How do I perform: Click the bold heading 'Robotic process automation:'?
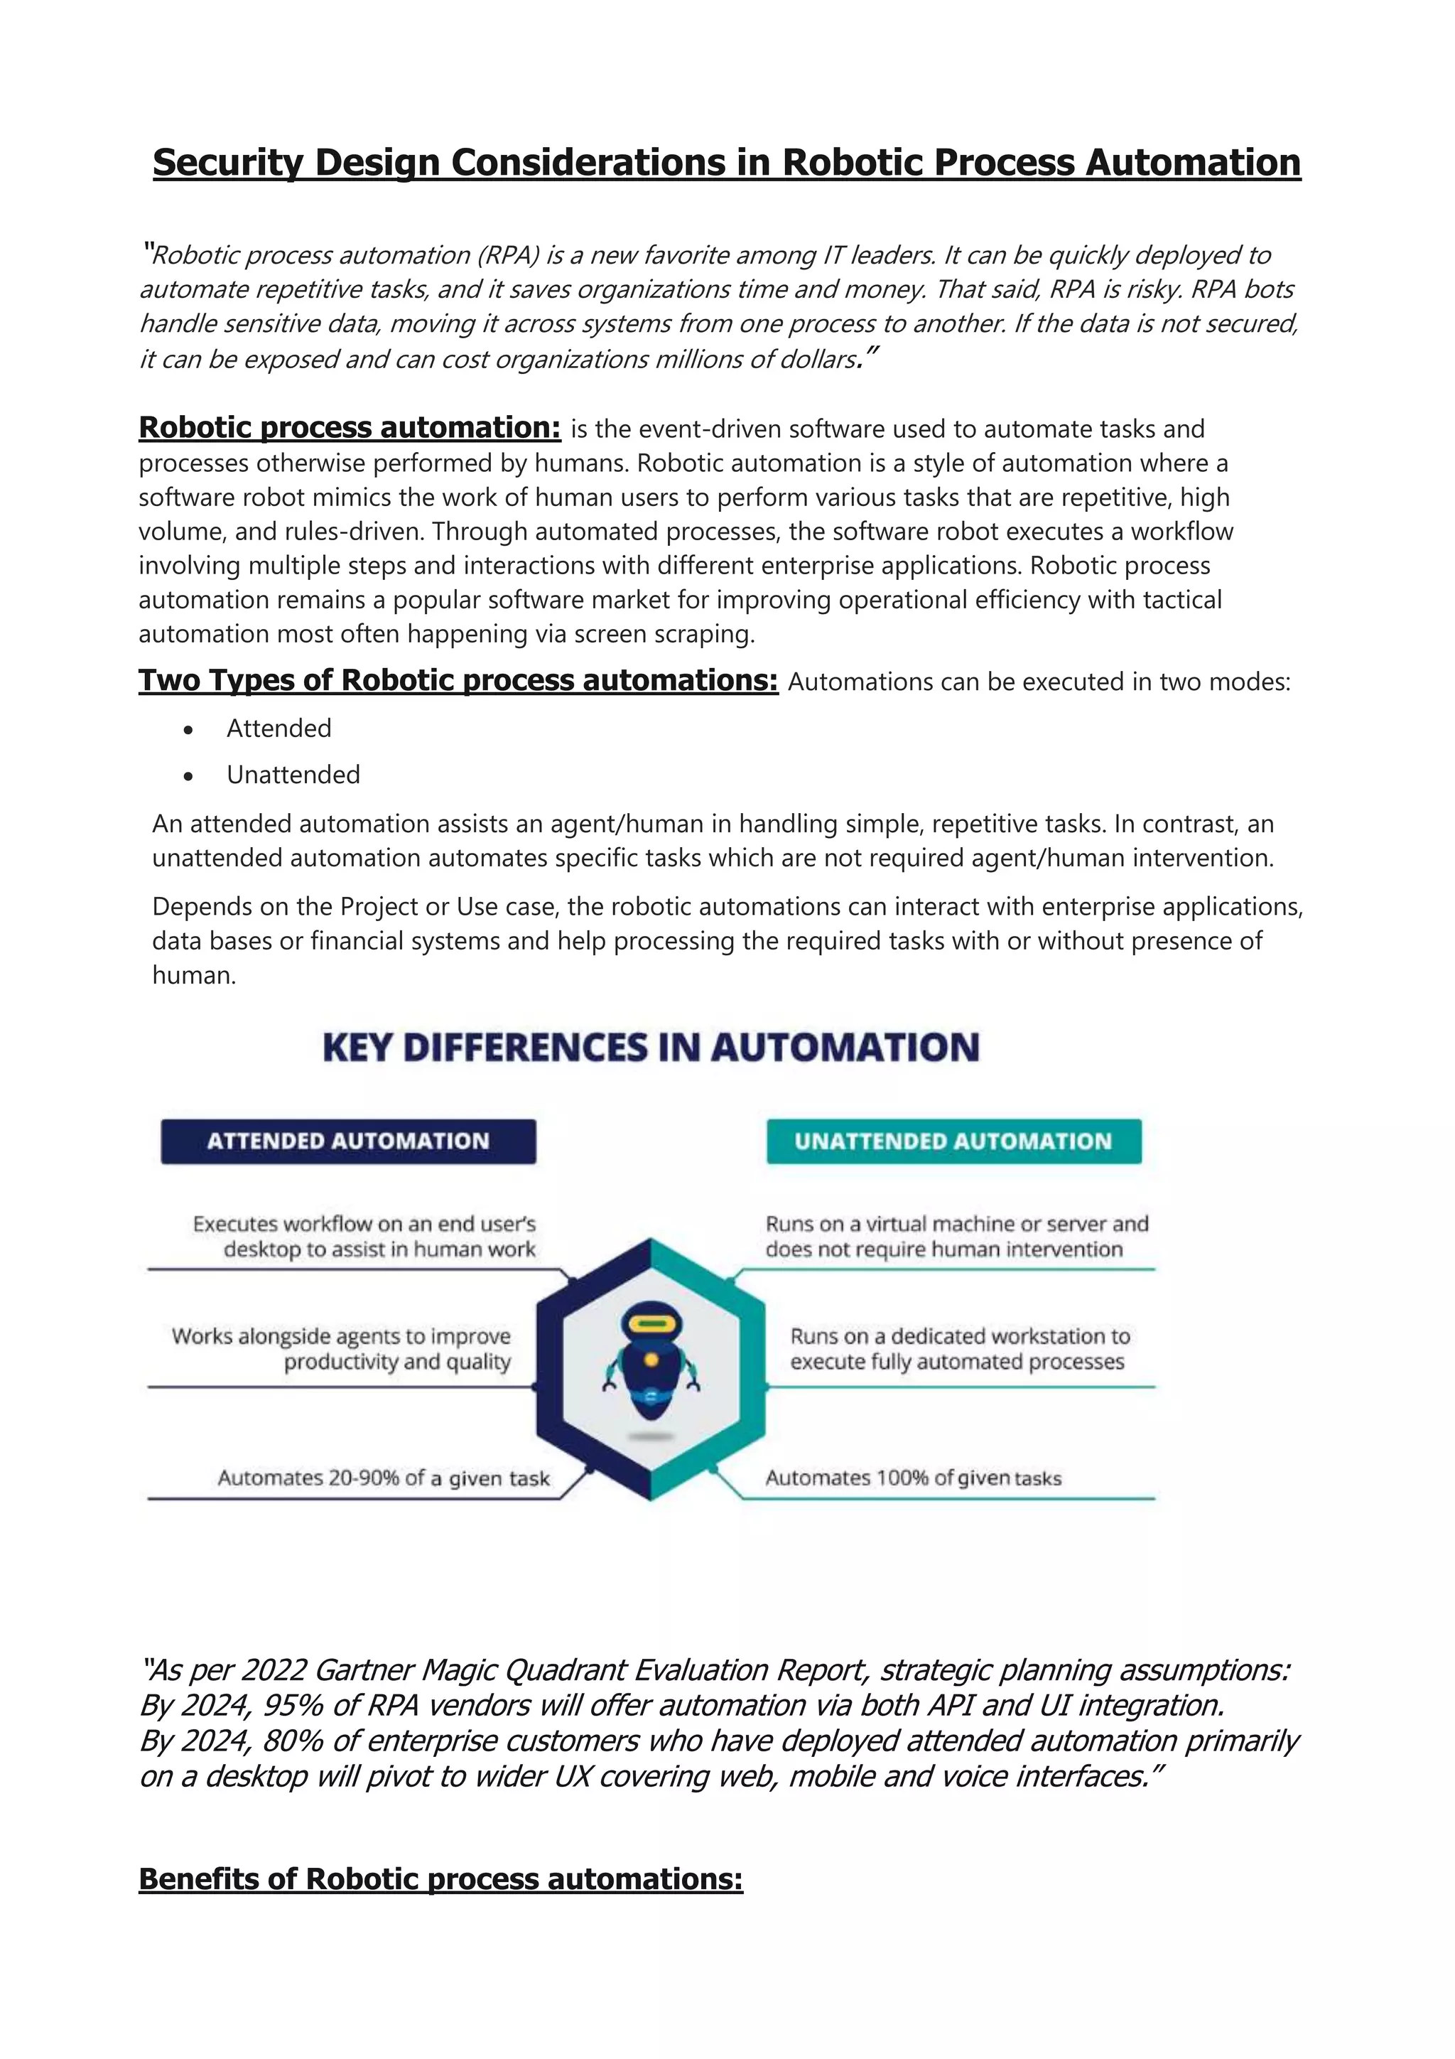(350, 428)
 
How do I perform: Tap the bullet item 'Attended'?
(278, 729)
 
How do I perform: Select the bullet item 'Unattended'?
(293, 775)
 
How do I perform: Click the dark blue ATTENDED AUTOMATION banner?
(348, 1141)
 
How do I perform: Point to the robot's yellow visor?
(651, 1323)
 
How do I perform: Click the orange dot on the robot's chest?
(651, 1360)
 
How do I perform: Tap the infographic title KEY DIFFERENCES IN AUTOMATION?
(651, 1048)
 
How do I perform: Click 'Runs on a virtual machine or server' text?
(956, 1224)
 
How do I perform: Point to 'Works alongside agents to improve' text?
(341, 1336)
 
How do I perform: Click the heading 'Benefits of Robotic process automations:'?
(440, 1878)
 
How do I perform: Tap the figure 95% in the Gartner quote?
(291, 1706)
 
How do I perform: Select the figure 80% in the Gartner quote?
(291, 1741)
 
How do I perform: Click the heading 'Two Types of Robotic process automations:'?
(458, 681)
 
